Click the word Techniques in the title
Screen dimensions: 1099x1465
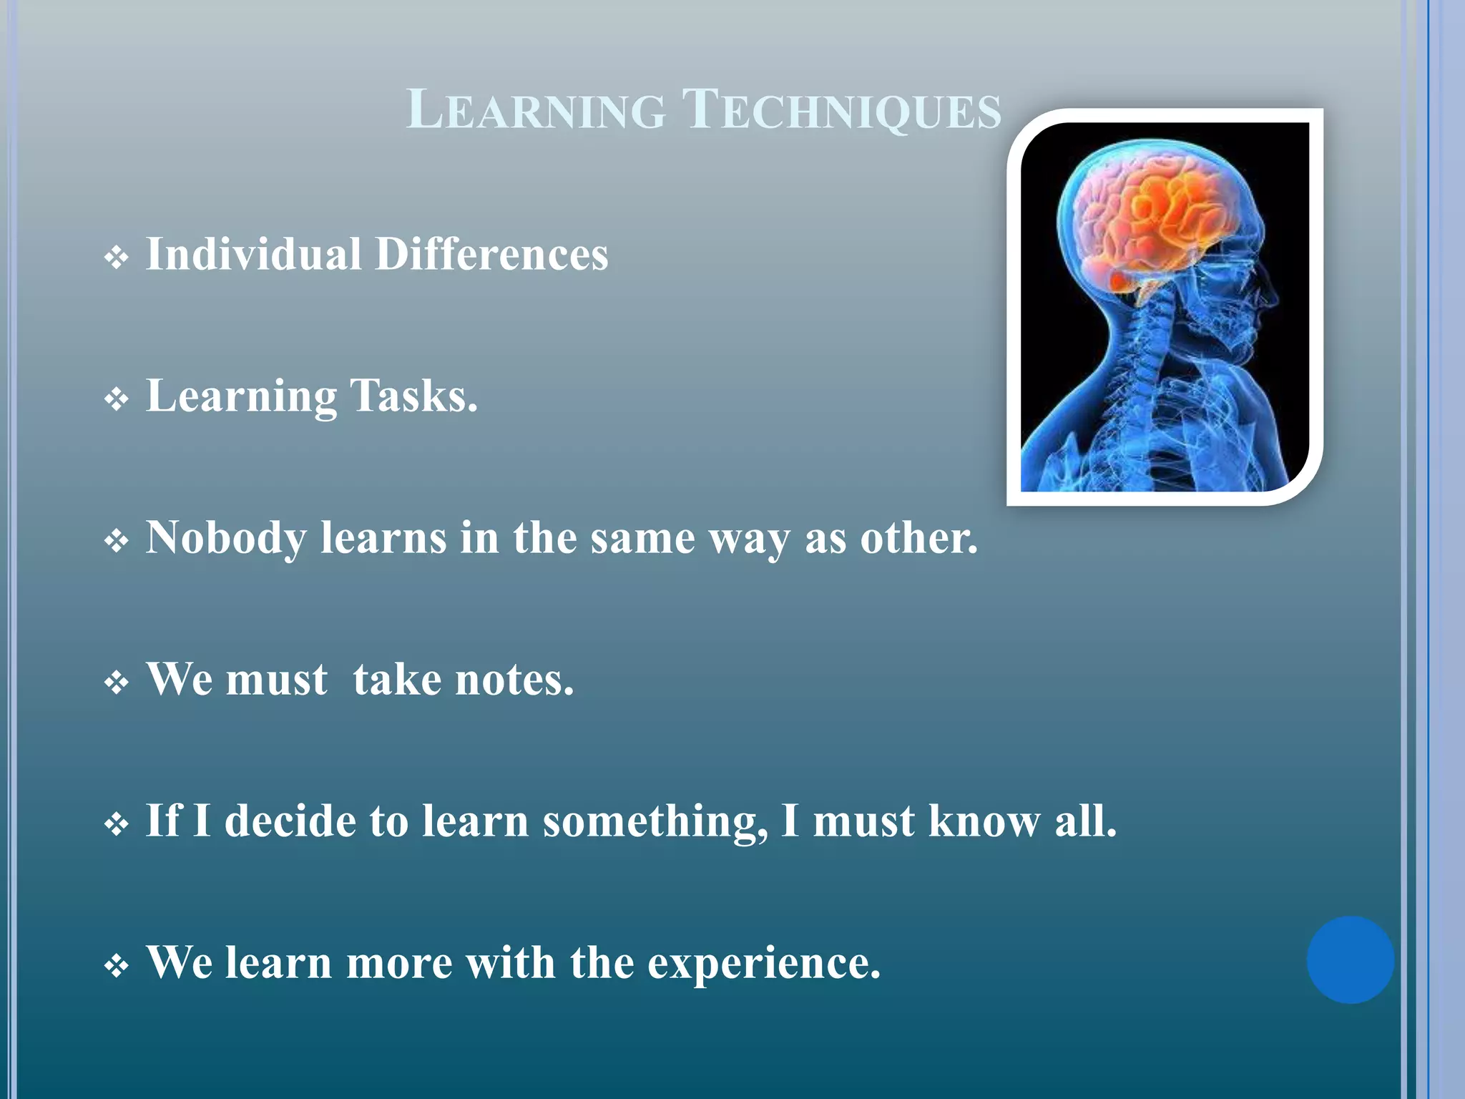coord(841,111)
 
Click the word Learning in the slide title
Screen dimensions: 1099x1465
coord(536,111)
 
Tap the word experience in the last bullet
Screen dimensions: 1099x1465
coord(764,963)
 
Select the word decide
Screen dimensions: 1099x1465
coord(290,821)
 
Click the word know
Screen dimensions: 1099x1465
coord(984,821)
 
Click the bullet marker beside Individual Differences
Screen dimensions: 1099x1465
coord(116,258)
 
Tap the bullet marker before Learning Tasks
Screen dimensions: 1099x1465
coord(116,399)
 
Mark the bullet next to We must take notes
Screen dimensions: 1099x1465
coord(116,683)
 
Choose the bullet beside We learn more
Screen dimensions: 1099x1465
coord(116,967)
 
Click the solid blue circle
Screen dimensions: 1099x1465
coord(1350,959)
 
